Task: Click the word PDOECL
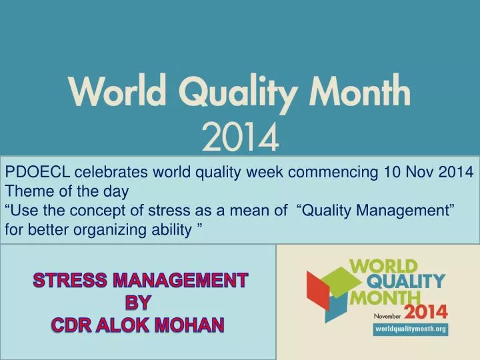(37, 173)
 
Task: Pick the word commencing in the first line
(323, 173)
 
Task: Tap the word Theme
(27, 192)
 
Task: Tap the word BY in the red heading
(139, 302)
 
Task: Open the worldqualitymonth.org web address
(409, 329)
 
